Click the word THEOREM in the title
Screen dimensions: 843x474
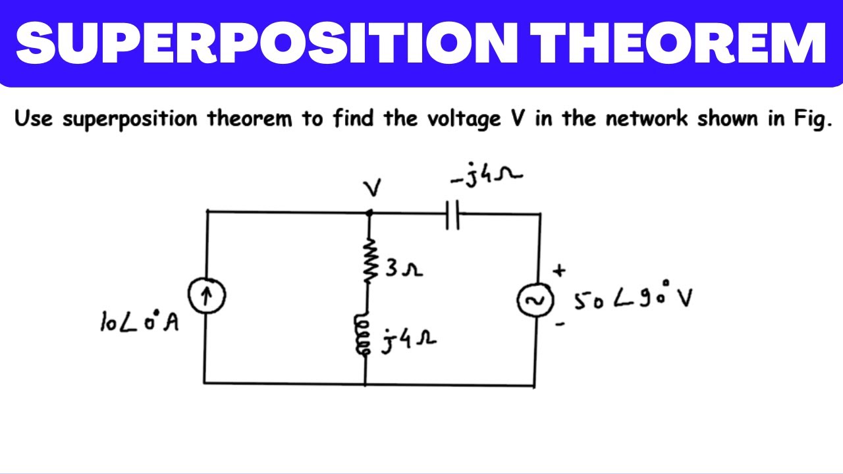[678, 43]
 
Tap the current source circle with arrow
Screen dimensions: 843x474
[207, 296]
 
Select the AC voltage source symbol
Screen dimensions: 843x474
[535, 300]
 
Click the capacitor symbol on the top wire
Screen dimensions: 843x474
[452, 215]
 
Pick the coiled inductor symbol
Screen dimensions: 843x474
[362, 334]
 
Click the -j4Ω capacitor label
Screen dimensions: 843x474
[486, 175]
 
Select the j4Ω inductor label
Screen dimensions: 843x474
[409, 340]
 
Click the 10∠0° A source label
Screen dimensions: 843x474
[139, 322]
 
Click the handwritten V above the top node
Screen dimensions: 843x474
[372, 188]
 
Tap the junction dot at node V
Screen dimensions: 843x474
[369, 213]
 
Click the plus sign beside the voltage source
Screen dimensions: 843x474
[559, 270]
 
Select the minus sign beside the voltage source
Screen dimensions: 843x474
[560, 323]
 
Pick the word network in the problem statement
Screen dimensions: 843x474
[647, 118]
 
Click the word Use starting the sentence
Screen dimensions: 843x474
[34, 118]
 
